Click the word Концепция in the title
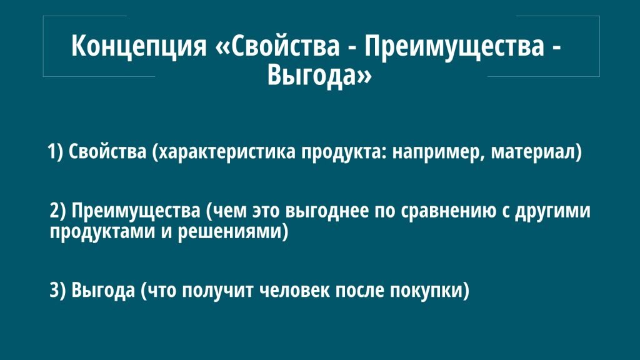point(138,46)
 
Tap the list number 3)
point(57,291)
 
